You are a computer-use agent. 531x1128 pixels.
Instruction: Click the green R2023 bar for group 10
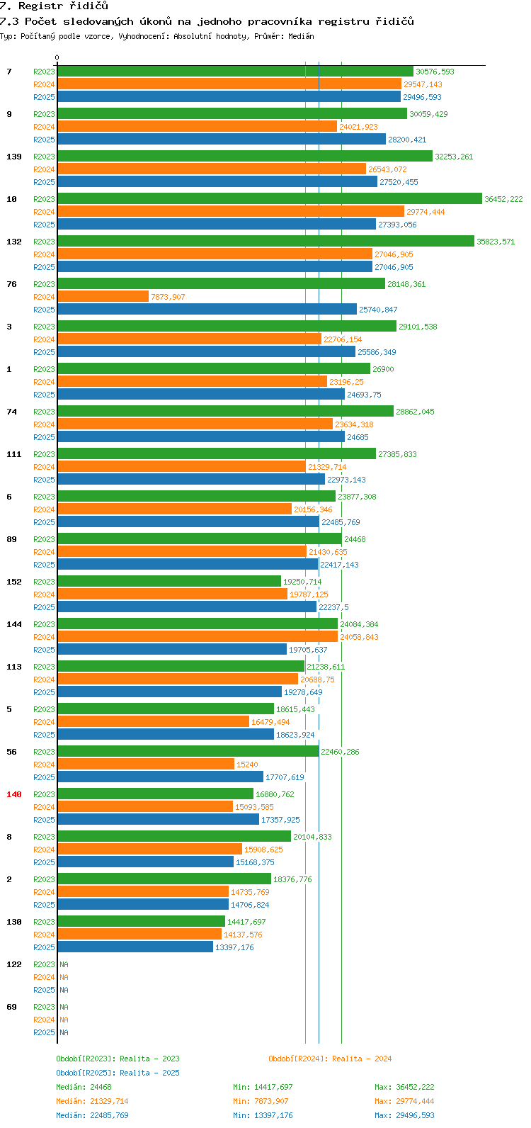click(269, 199)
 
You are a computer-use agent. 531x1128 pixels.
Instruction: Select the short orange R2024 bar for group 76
click(103, 297)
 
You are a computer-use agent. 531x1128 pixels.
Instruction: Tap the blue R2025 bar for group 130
click(135, 947)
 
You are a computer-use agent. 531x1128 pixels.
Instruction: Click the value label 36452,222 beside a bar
click(503, 199)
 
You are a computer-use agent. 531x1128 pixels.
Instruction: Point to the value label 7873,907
click(168, 297)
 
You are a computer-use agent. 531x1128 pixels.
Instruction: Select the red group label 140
click(14, 794)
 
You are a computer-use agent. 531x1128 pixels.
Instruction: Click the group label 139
click(14, 157)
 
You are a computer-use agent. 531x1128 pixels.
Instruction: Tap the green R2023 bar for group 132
click(265, 242)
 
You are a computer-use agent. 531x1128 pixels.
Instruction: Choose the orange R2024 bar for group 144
click(198, 637)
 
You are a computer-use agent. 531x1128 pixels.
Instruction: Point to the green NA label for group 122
click(64, 964)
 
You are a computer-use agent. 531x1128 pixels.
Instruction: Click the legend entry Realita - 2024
click(330, 1059)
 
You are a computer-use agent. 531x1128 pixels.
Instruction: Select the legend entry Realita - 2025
click(118, 1073)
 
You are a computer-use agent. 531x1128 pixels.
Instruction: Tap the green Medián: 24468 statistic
click(84, 1087)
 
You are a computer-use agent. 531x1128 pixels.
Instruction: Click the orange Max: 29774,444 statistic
click(404, 1101)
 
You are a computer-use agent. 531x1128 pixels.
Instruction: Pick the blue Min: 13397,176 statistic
click(263, 1115)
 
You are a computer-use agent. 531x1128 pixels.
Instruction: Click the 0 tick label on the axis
click(57, 58)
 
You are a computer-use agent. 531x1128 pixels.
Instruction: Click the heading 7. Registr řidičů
click(54, 6)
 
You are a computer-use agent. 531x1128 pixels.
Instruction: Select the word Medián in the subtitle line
click(301, 36)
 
